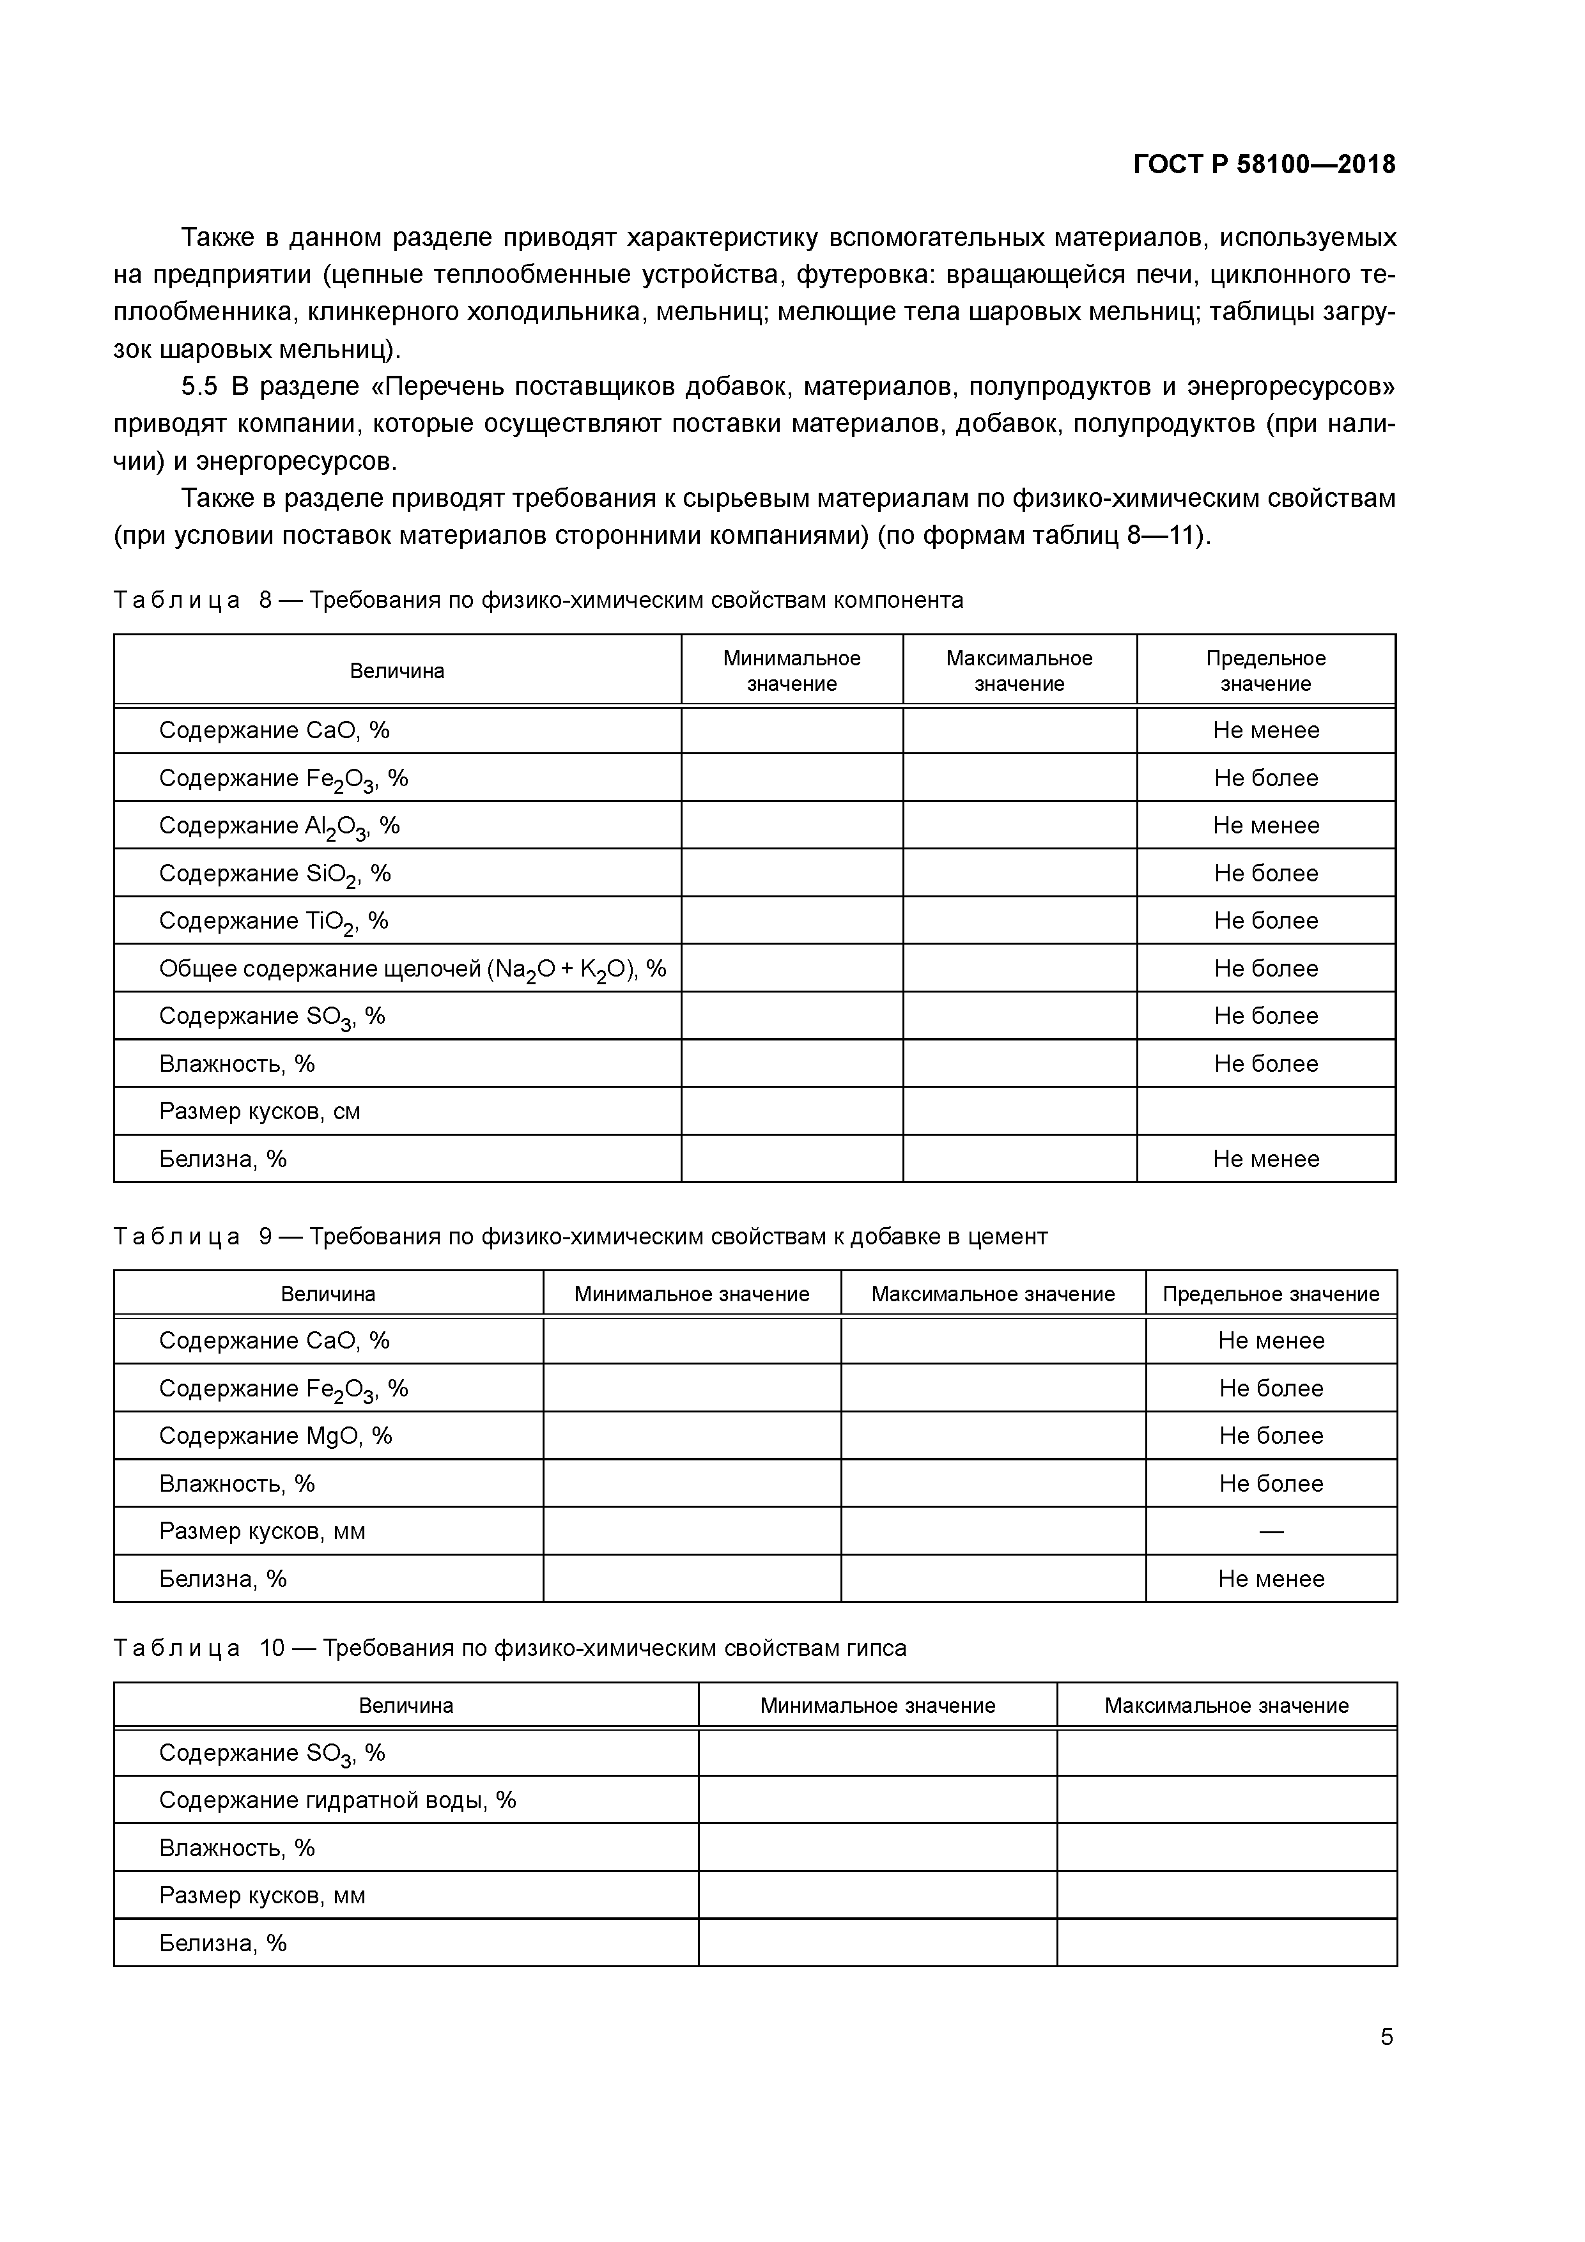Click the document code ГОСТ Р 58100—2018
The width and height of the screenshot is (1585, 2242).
coord(1264,164)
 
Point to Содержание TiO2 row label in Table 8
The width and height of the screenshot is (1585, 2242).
coord(274,921)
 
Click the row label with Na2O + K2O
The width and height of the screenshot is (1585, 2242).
coord(412,969)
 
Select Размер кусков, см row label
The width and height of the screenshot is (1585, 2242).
coord(259,1111)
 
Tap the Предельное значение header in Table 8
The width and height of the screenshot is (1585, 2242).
coord(1265,671)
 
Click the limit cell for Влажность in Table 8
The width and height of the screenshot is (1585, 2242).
coord(1265,1063)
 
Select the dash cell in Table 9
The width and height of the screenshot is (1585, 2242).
coord(1271,1531)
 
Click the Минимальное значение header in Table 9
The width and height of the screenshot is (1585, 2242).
coord(692,1294)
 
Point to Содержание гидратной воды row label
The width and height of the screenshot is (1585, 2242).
coord(337,1800)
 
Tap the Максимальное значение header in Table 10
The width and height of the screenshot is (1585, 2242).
coord(1226,1705)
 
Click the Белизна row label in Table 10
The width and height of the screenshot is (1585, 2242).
coord(222,1942)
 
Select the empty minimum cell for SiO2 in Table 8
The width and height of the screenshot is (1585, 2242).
coord(791,873)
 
